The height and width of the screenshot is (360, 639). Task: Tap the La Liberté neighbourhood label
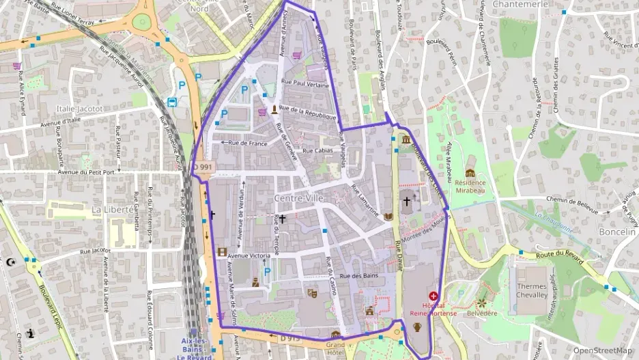pyautogui.click(x=113, y=209)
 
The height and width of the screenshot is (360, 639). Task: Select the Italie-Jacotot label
pyautogui.click(x=79, y=108)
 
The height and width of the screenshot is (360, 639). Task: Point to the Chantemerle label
pyautogui.click(x=521, y=4)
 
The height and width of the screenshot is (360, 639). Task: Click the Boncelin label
pyautogui.click(x=616, y=232)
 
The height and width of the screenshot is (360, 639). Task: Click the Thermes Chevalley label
pyautogui.click(x=532, y=290)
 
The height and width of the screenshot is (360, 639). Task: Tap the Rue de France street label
pyautogui.click(x=248, y=143)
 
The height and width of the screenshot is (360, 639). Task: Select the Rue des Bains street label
pyautogui.click(x=358, y=276)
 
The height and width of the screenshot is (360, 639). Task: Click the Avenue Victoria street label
pyautogui.click(x=253, y=255)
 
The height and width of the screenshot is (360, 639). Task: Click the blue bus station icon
pyautogui.click(x=171, y=102)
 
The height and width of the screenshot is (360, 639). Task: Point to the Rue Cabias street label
pyautogui.click(x=317, y=150)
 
